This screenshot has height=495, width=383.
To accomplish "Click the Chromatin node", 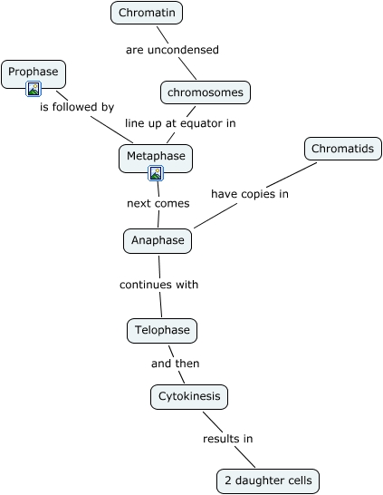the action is coord(147,13).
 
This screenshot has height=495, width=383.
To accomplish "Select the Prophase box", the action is coord(34,74).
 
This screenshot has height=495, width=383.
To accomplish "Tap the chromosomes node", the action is coord(206,92).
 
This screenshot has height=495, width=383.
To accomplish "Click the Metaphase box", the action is coord(156,159).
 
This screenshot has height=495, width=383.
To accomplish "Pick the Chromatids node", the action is coord(343,149).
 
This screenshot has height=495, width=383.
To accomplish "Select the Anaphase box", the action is coord(158,241).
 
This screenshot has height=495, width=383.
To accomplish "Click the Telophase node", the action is coord(162,331).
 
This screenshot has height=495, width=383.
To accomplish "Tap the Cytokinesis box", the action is coord(189,397).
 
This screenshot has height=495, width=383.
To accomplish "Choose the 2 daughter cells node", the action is coord(268,481).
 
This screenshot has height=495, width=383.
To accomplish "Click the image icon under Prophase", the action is coord(34,89).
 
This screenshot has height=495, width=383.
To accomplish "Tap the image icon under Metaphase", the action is coord(156,173).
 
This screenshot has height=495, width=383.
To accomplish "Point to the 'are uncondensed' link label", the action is coord(172,50).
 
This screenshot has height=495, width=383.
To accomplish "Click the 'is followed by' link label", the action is coord(77,107).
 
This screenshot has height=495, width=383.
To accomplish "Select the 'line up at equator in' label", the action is coord(180,123).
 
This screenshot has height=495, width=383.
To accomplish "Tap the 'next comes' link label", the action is coord(158,203).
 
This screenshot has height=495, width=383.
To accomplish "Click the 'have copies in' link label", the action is coord(250,194).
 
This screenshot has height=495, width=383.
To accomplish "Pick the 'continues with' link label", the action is coord(158,285).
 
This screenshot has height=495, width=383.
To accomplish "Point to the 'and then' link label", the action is coord(176,364).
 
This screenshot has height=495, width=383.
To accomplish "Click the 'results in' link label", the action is coord(228,439).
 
